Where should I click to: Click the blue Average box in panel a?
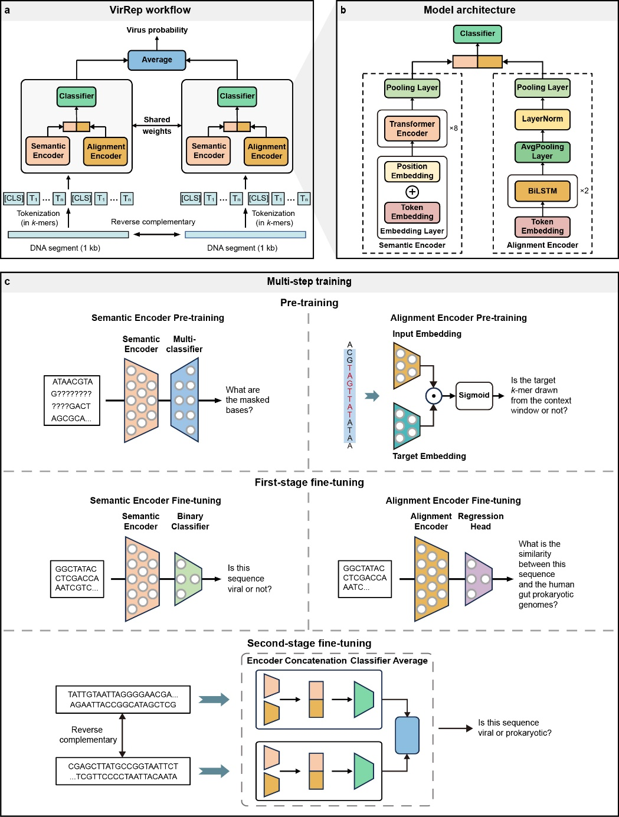pyautogui.click(x=157, y=60)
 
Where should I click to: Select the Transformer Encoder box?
pyautogui.click(x=412, y=129)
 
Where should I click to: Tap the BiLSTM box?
pyautogui.click(x=542, y=191)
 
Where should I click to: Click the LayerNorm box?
pyautogui.click(x=542, y=119)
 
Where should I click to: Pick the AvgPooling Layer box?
pyautogui.click(x=542, y=152)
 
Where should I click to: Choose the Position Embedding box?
pyautogui.click(x=412, y=171)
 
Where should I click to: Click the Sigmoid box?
pyautogui.click(x=474, y=395)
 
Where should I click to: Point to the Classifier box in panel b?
pyautogui.click(x=477, y=34)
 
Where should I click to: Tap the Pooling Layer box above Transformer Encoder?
pyautogui.click(x=412, y=88)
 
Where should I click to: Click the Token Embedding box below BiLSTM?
pyautogui.click(x=542, y=227)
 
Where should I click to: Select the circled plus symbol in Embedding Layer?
pyautogui.click(x=412, y=192)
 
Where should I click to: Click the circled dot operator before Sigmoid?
pyautogui.click(x=434, y=396)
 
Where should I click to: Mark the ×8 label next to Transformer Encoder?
pyautogui.click(x=454, y=128)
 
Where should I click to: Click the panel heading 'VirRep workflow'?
pyautogui.click(x=150, y=10)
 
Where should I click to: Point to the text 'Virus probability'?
pyautogui.click(x=157, y=30)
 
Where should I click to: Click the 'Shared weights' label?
pyautogui.click(x=157, y=126)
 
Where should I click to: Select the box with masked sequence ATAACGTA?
pyautogui.click(x=72, y=400)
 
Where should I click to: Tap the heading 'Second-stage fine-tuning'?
pyautogui.click(x=309, y=643)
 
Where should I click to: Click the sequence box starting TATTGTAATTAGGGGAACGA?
pyautogui.click(x=123, y=700)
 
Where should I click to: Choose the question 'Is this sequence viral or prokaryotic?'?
pyautogui.click(x=515, y=728)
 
